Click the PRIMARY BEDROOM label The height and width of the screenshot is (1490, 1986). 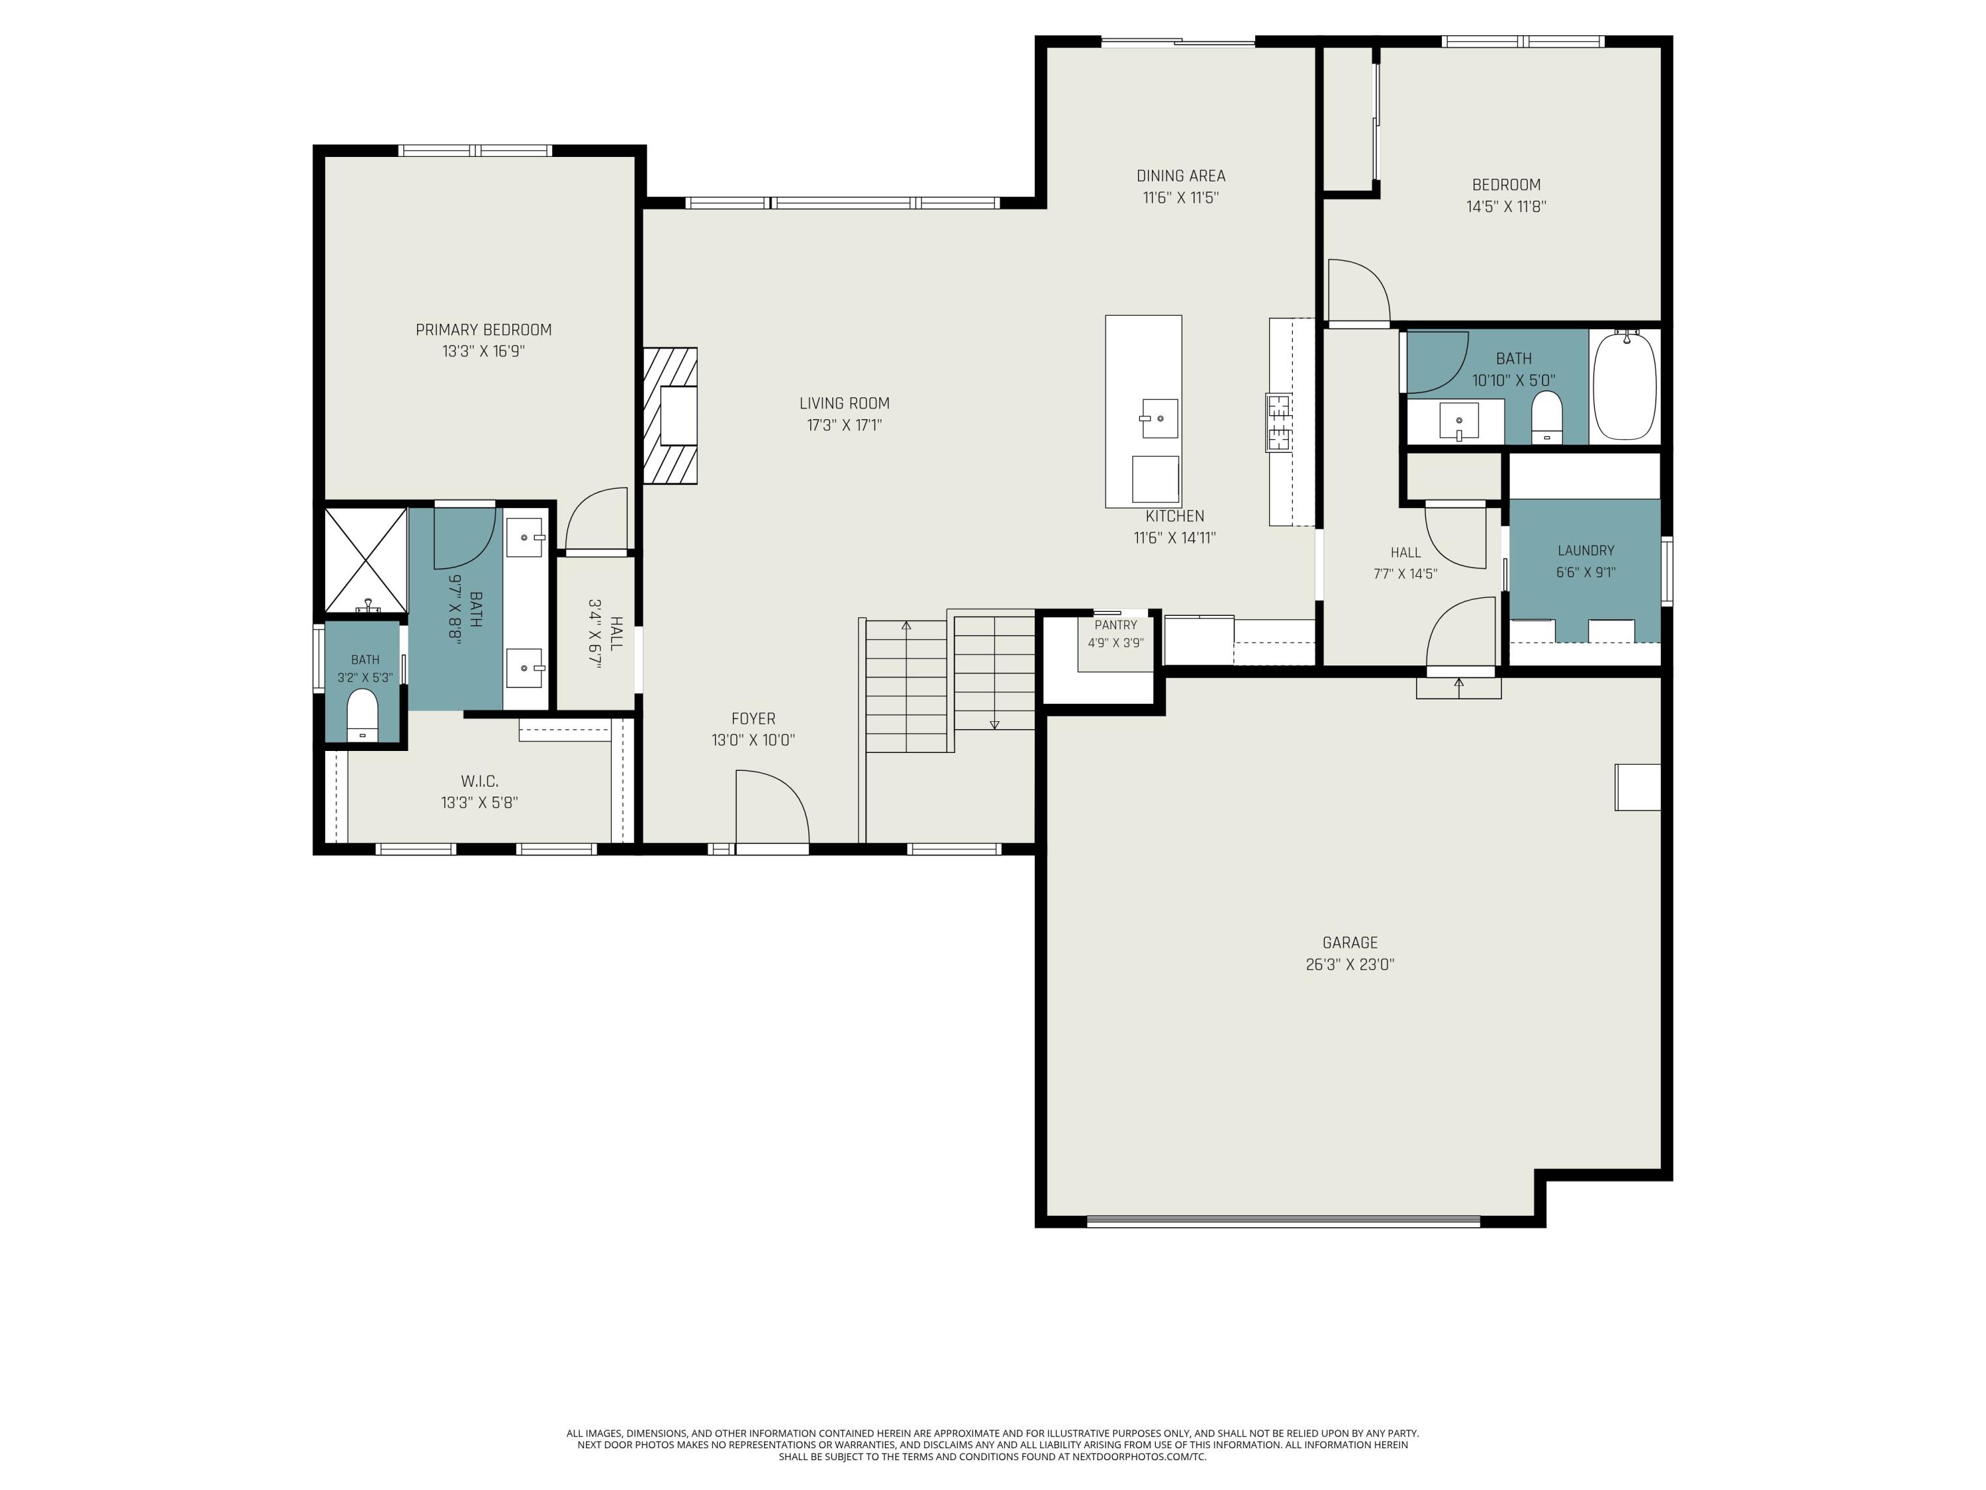(x=483, y=330)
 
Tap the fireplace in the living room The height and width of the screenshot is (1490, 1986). (x=670, y=417)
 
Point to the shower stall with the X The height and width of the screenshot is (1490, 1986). (x=365, y=560)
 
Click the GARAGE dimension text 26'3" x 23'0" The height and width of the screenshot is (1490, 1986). (x=1349, y=966)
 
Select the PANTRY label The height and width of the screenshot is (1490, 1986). (x=1115, y=625)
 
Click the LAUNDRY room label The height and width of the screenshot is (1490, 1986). (x=1585, y=550)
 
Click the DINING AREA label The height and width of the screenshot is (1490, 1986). (x=1180, y=176)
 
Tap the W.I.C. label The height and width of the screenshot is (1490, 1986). (x=479, y=781)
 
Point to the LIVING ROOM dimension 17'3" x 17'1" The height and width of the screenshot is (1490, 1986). (x=844, y=426)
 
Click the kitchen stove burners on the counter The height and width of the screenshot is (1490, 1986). (x=1278, y=422)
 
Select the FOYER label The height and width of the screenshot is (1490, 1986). (x=753, y=719)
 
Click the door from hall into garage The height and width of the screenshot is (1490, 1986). (x=1461, y=634)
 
